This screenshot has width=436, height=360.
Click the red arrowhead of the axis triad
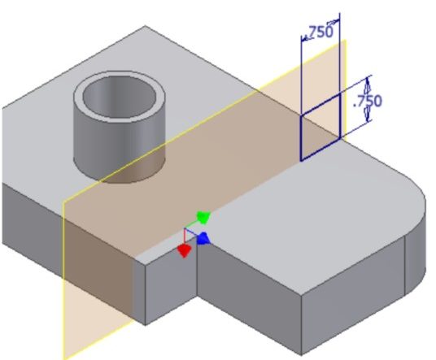coord(184,250)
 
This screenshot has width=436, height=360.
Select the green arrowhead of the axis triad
coord(204,217)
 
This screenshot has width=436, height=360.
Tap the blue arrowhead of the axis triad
coord(203,239)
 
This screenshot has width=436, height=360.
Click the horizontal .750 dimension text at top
coord(319,32)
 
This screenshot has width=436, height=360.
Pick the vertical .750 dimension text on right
coord(368,101)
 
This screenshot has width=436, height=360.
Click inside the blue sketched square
coord(320,127)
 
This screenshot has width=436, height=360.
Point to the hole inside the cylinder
coord(119,96)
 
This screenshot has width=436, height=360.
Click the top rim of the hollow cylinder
coord(120,73)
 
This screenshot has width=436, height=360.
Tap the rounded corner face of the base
coord(416,245)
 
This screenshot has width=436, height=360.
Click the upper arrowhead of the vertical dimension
coord(368,83)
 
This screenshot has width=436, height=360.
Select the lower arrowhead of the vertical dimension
coord(368,115)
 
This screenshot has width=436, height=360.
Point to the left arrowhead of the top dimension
coord(305,38)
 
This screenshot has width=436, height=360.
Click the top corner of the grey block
coord(145,26)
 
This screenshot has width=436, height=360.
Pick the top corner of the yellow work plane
coord(346,40)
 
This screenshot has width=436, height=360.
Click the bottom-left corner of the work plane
coord(63,358)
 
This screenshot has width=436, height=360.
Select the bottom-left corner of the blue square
coord(301,161)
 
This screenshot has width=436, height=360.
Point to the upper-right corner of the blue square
coord(340,94)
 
